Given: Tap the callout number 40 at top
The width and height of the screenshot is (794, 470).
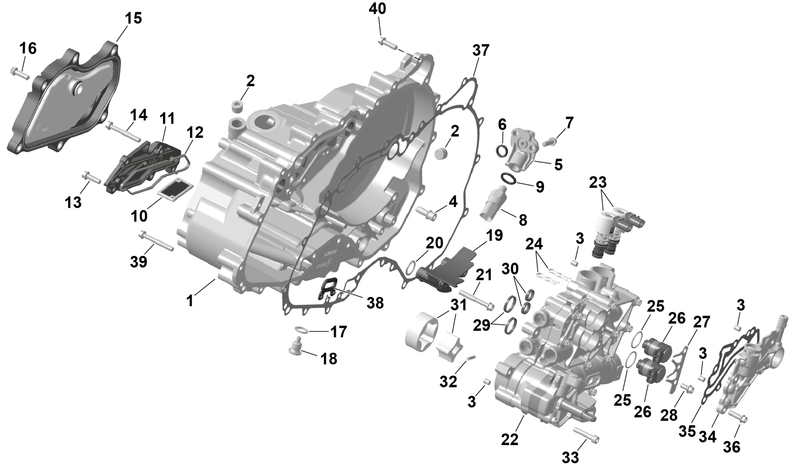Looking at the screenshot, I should pyautogui.click(x=378, y=9).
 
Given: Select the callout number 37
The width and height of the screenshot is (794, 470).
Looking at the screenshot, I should pyautogui.click(x=481, y=51).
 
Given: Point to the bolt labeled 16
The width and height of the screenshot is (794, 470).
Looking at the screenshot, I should pyautogui.click(x=19, y=72).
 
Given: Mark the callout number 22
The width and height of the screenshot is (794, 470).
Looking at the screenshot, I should pyautogui.click(x=510, y=439).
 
